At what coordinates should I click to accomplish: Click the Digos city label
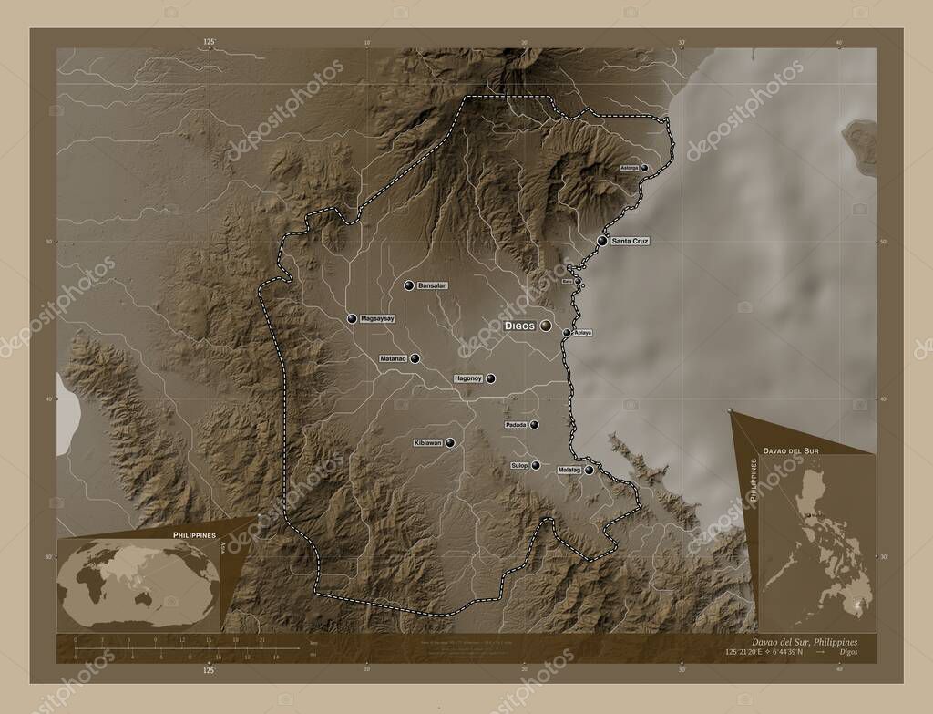(520, 326)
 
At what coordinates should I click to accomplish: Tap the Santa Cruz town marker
(602, 241)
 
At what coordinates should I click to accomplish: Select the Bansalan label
(433, 286)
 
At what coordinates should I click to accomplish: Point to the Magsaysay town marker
(352, 319)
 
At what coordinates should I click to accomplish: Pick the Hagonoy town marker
(490, 378)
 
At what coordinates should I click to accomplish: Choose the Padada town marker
(535, 425)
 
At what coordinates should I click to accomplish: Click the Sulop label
(519, 466)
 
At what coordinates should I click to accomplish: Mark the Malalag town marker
(590, 471)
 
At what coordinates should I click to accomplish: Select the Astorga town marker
(644, 169)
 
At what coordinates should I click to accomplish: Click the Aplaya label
(583, 333)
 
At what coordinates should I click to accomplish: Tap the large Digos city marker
(546, 326)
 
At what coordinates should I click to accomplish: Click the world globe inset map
(138, 583)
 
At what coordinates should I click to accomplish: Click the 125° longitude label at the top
(210, 42)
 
